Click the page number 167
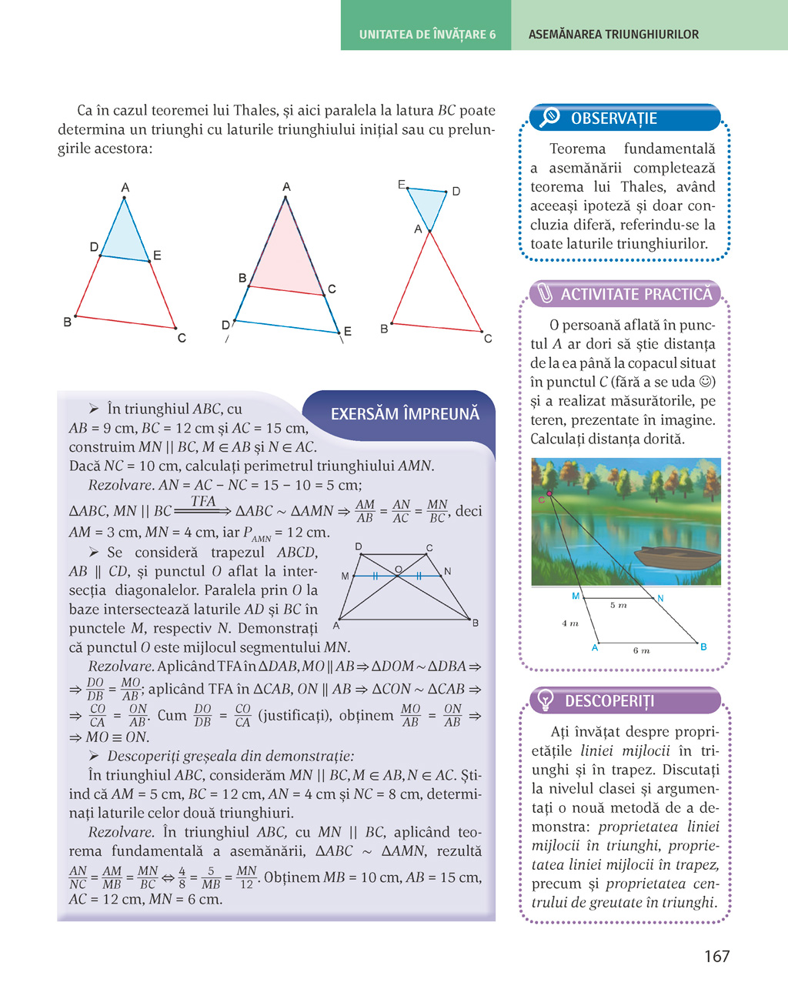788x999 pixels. pyautogui.click(x=716, y=956)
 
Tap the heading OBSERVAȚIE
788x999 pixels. pyautogui.click(x=613, y=119)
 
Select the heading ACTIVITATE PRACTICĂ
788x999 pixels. pyautogui.click(x=636, y=294)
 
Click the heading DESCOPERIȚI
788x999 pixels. pyautogui.click(x=609, y=701)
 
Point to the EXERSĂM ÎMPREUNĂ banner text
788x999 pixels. pyautogui.click(x=405, y=414)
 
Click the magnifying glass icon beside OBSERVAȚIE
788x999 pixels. pyautogui.click(x=549, y=117)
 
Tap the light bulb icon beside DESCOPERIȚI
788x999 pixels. pyautogui.click(x=545, y=700)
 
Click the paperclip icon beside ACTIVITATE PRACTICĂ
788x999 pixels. pyautogui.click(x=545, y=293)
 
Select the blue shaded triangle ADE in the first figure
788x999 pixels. pyautogui.click(x=125, y=239)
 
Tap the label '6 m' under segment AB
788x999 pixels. pyautogui.click(x=641, y=650)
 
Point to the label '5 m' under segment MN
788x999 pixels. pyautogui.click(x=618, y=606)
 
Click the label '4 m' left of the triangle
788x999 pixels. pyautogui.click(x=569, y=623)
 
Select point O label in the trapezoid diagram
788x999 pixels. pyautogui.click(x=398, y=570)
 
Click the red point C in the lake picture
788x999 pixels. pyautogui.click(x=549, y=493)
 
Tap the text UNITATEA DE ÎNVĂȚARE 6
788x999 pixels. pyautogui.click(x=427, y=35)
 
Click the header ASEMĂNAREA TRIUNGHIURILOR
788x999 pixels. pyautogui.click(x=613, y=35)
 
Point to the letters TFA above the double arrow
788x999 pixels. pyautogui.click(x=203, y=501)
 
